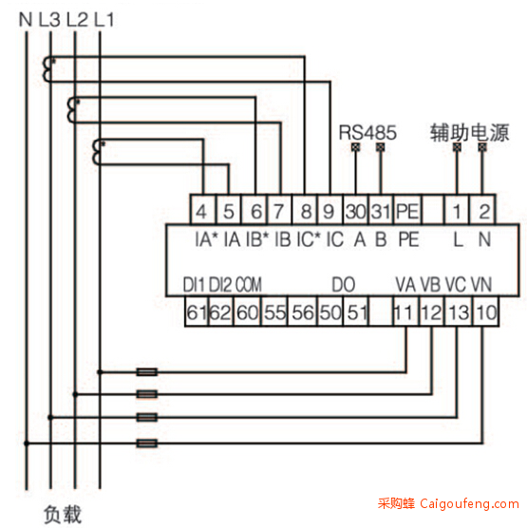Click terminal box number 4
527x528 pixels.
pos(202,210)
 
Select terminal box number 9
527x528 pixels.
pos(329,210)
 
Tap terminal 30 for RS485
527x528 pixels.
pos(355,210)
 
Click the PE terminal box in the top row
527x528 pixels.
pos(407,210)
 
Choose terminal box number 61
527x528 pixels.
pos(197,311)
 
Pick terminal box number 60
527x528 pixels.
pos(247,311)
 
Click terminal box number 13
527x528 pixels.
pos(459,311)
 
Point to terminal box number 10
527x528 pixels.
pos(485,311)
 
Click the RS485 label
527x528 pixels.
pos(367,132)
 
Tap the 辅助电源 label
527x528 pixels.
pos(469,132)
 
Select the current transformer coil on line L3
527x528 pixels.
pos(47,69)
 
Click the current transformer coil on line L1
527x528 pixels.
pos(98,153)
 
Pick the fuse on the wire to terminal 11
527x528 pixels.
pos(147,372)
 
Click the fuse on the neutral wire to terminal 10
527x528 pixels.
pos(147,443)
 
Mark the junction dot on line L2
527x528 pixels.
pos(75,394)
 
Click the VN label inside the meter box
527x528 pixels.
pos(481,285)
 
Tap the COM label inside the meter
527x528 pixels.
pos(248,285)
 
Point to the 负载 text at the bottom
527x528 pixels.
pos(63,514)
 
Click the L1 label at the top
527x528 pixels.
pos(104,20)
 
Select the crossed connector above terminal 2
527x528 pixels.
pos(482,147)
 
